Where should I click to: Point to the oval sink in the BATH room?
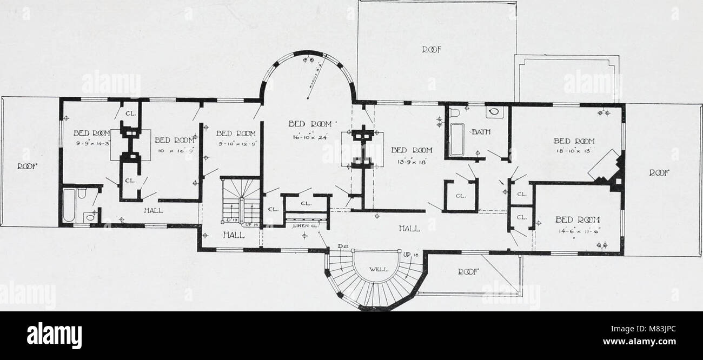(493, 113)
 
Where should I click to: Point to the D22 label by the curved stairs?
(342, 247)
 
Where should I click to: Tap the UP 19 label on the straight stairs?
(252, 223)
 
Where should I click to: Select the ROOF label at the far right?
(659, 172)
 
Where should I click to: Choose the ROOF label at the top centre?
(431, 49)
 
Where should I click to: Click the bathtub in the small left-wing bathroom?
(69, 205)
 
